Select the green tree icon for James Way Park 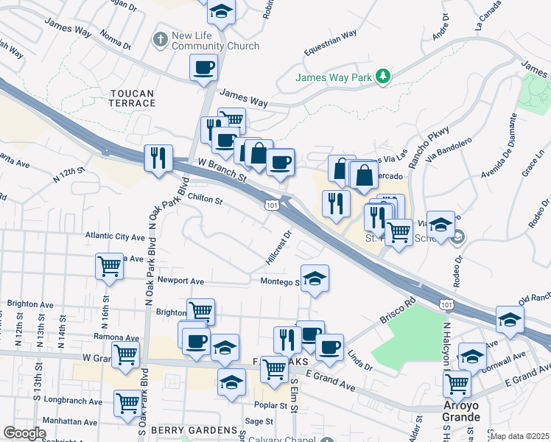382,76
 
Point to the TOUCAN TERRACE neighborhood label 133,98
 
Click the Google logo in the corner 24,433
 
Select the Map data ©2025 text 519,436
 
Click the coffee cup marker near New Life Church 204,69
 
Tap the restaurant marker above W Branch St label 158,158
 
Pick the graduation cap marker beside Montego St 315,278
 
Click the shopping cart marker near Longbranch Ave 127,403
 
